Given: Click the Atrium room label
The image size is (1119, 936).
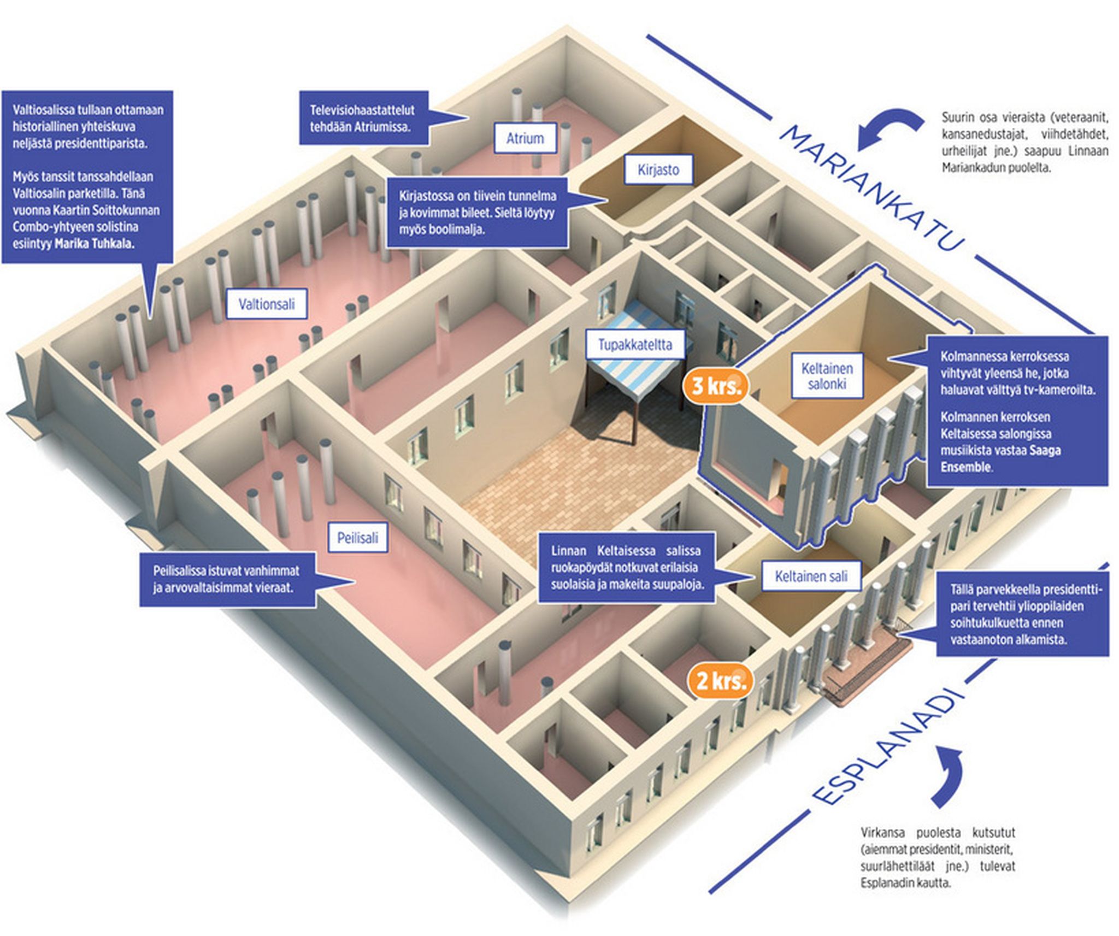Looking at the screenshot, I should coord(525,138).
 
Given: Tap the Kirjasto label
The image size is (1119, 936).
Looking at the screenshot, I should coord(658,169).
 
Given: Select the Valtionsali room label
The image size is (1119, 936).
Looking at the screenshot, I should coord(267,304).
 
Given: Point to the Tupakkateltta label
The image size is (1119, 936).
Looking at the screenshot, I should coord(634,345).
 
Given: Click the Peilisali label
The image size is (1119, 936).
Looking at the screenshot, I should coord(357,538).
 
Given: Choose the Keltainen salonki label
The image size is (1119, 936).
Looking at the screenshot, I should coord(827,376).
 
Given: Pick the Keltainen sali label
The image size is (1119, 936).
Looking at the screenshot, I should coord(811,576).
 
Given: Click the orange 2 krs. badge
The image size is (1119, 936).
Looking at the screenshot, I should coord(721,681).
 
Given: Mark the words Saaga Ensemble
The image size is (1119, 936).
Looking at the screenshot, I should coord(1000,458).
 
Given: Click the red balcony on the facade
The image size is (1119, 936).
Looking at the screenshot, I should coord(869,661).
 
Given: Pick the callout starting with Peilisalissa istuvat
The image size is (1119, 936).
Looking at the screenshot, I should coord(226,579).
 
